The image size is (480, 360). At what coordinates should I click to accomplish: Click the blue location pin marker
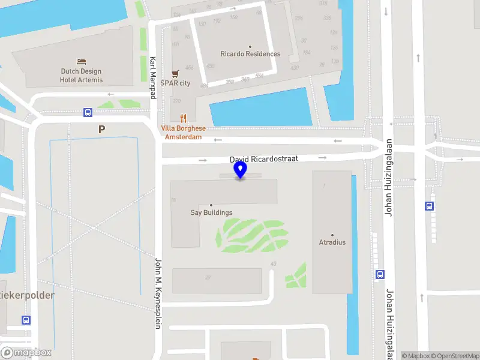click(241, 169)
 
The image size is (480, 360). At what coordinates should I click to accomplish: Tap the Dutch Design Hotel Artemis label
click(82, 76)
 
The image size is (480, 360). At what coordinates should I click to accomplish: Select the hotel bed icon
click(82, 61)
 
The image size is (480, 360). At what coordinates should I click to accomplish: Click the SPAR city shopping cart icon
click(175, 73)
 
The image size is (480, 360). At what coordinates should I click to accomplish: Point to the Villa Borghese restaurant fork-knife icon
click(183, 119)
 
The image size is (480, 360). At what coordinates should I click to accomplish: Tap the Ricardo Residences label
click(250, 54)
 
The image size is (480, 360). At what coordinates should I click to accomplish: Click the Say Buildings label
click(211, 212)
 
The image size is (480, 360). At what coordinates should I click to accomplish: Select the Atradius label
click(332, 242)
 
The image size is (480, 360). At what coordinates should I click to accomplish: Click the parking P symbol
click(102, 129)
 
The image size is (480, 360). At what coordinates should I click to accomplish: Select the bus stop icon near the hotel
click(88, 112)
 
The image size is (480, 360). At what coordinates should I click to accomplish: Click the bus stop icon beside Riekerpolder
click(26, 320)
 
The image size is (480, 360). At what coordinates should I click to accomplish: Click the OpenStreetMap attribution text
click(454, 356)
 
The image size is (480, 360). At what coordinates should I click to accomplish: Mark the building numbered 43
click(274, 264)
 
